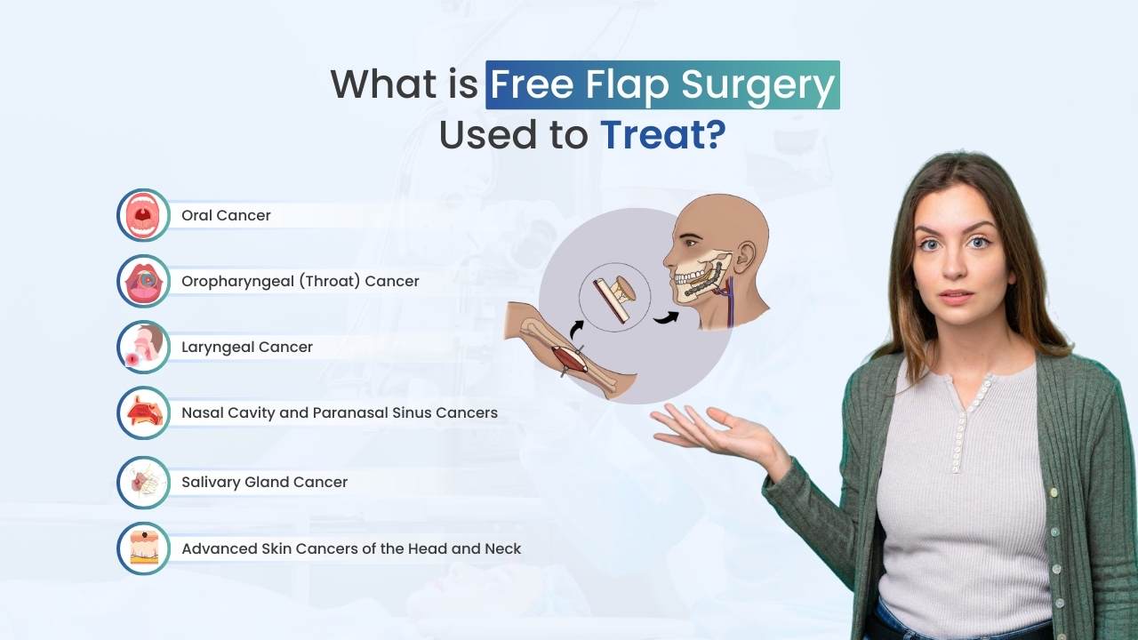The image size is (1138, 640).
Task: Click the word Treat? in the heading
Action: [x=662, y=134]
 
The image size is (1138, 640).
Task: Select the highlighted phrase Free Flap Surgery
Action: [x=662, y=84]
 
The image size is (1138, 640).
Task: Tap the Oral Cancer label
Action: [x=226, y=215]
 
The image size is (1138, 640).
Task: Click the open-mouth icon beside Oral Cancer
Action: [x=143, y=215]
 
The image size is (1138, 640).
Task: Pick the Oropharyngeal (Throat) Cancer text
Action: [x=300, y=281]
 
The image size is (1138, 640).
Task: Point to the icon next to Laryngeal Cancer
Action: [x=143, y=347]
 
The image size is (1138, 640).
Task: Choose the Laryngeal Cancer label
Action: [x=247, y=347]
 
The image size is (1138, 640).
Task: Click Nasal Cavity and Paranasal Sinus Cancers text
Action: [x=339, y=412]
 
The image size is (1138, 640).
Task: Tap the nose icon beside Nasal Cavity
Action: [x=143, y=412]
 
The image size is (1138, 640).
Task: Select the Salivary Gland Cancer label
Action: [x=264, y=482]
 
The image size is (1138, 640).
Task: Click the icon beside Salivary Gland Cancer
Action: [x=143, y=482]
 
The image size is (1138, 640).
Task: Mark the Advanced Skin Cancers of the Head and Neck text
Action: [x=351, y=548]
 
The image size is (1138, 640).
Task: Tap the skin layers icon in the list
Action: [x=143, y=548]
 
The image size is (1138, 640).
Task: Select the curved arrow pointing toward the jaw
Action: [x=666, y=316]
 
